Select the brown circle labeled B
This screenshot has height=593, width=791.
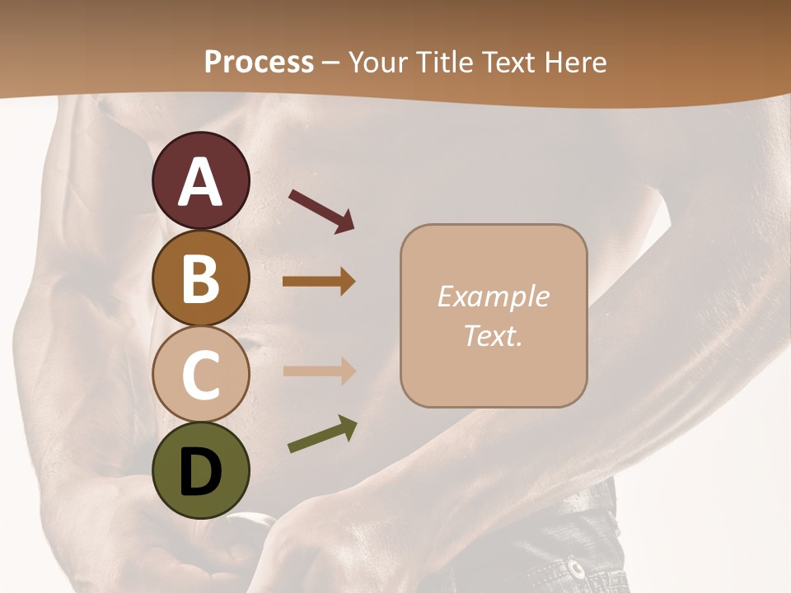(200, 278)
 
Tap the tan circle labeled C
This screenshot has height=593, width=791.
(200, 374)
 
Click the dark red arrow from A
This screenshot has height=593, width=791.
(321, 209)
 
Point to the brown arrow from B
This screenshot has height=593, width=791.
(319, 282)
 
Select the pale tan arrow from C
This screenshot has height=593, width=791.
(319, 371)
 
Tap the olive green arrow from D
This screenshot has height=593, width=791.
(322, 435)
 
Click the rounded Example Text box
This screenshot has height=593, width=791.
(494, 316)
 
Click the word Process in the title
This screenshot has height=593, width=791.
(259, 62)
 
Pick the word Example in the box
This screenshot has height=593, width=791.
(493, 296)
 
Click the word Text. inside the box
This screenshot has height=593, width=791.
(493, 335)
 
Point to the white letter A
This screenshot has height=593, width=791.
(200, 182)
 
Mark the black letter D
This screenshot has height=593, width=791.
(200, 472)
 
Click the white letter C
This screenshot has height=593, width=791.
(200, 376)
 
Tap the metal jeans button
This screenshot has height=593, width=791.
(574, 567)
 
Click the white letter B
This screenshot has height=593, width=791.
(200, 279)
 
